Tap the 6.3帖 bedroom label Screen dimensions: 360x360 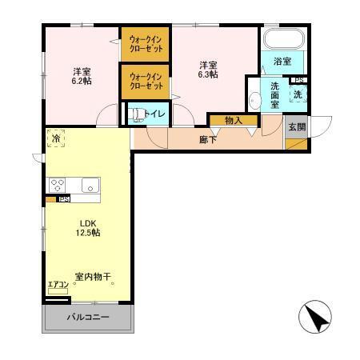point(209,69)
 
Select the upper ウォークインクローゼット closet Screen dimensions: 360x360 point(145,44)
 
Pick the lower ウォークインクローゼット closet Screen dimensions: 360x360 point(145,82)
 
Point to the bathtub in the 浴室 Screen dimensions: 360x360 point(283,41)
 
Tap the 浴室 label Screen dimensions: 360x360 point(282,62)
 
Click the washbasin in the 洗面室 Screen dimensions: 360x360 point(254,100)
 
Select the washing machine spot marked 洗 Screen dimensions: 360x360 point(298,94)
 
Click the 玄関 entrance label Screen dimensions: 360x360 point(296,126)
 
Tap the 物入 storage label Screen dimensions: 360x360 point(234,121)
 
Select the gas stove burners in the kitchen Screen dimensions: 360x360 point(58,185)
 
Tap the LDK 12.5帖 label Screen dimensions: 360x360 point(88,228)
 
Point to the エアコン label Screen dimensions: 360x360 point(57,286)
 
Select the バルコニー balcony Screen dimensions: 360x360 point(87,317)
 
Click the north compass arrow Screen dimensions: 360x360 point(317,319)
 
